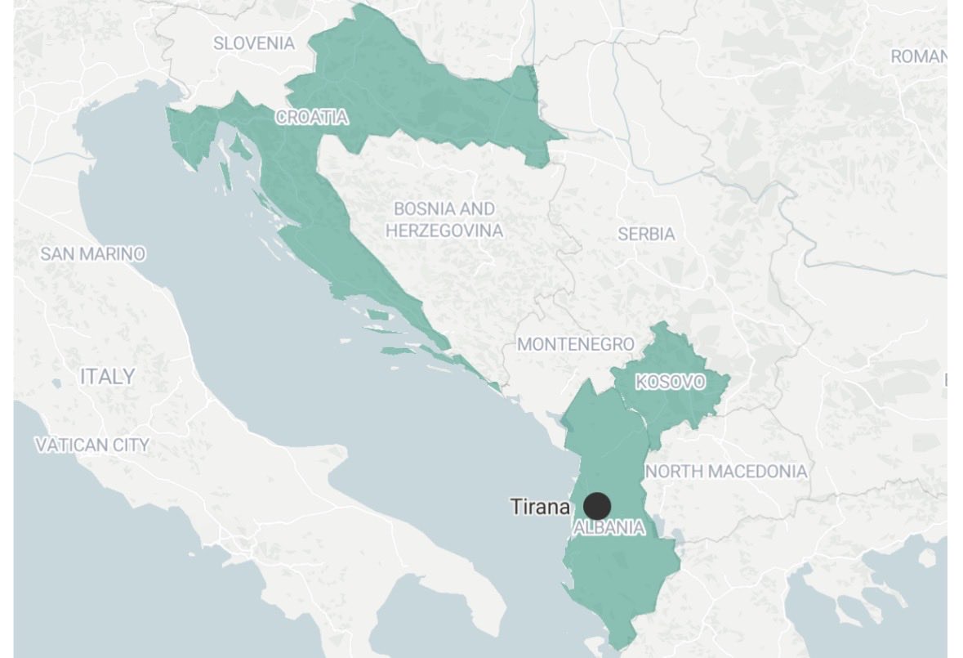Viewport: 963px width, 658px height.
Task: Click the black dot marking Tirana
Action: pyautogui.click(x=597, y=506)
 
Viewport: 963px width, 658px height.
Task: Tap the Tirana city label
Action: pyautogui.click(x=540, y=507)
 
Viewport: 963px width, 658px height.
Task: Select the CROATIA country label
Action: pyautogui.click(x=312, y=118)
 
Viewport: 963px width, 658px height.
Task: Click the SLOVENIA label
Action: pyautogui.click(x=254, y=43)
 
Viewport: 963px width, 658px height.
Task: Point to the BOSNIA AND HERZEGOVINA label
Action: pyautogui.click(x=444, y=220)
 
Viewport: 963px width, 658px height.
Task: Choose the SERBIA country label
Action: pyautogui.click(x=646, y=235)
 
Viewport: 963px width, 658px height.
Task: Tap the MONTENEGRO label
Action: pyautogui.click(x=576, y=344)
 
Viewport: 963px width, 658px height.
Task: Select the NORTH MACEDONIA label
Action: pyautogui.click(x=726, y=472)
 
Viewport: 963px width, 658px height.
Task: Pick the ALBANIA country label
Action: pyautogui.click(x=609, y=529)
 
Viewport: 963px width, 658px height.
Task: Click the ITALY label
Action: pyautogui.click(x=107, y=377)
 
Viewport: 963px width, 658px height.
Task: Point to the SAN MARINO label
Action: pyautogui.click(x=92, y=254)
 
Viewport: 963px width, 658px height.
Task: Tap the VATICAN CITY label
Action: pyautogui.click(x=92, y=445)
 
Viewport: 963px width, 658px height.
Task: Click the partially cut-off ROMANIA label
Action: pyautogui.click(x=919, y=56)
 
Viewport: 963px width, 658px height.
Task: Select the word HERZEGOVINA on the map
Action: pyautogui.click(x=444, y=231)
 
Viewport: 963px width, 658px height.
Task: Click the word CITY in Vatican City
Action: pyautogui.click(x=131, y=445)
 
